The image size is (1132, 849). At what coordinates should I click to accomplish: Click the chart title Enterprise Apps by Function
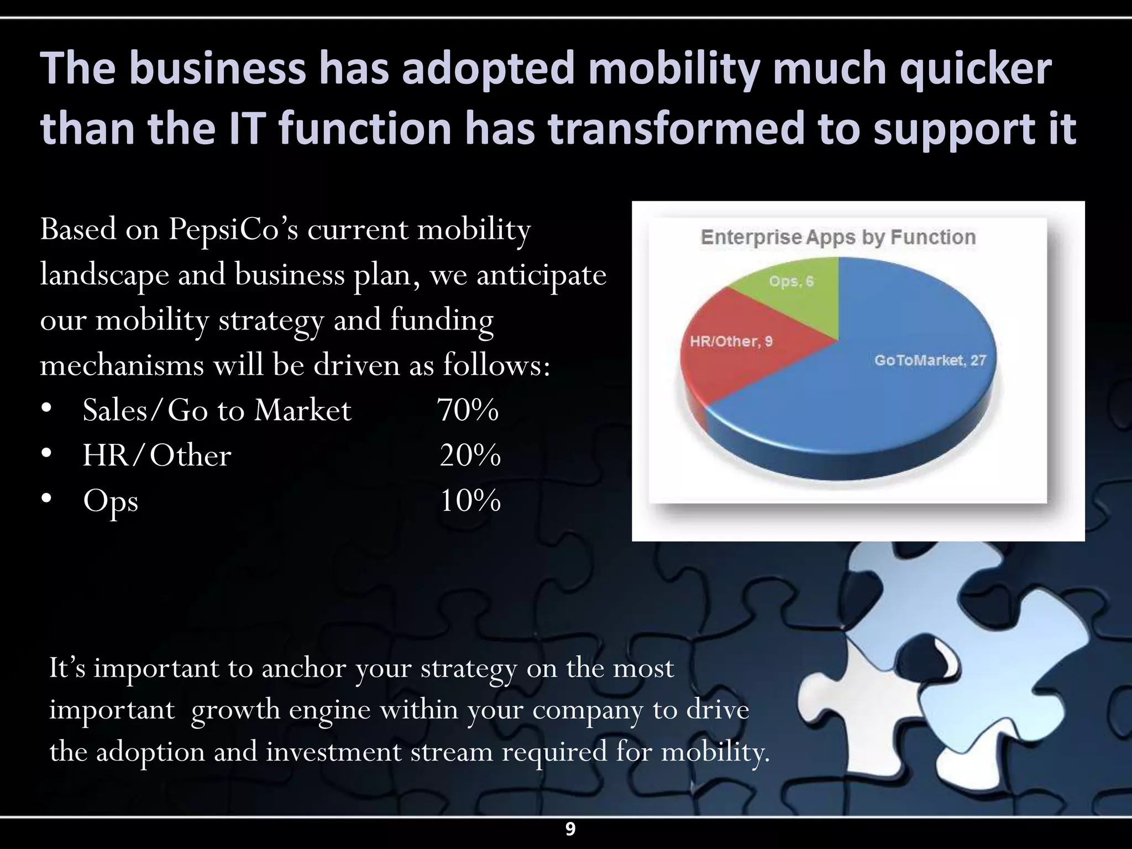click(838, 237)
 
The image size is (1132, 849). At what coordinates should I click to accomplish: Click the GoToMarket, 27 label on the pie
click(930, 360)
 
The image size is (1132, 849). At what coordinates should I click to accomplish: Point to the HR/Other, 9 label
click(731, 341)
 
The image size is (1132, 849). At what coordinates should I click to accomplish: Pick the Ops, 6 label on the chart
click(792, 281)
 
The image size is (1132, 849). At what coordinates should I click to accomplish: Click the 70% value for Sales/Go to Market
click(468, 410)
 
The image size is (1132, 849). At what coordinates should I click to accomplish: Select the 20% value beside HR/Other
click(470, 455)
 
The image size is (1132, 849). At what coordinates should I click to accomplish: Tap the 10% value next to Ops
click(470, 501)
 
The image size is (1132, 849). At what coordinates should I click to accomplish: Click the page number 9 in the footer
click(570, 829)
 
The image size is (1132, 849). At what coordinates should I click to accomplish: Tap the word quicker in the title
click(975, 69)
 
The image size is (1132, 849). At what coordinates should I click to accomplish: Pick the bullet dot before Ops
click(46, 500)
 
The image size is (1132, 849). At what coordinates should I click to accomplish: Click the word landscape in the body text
click(104, 275)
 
